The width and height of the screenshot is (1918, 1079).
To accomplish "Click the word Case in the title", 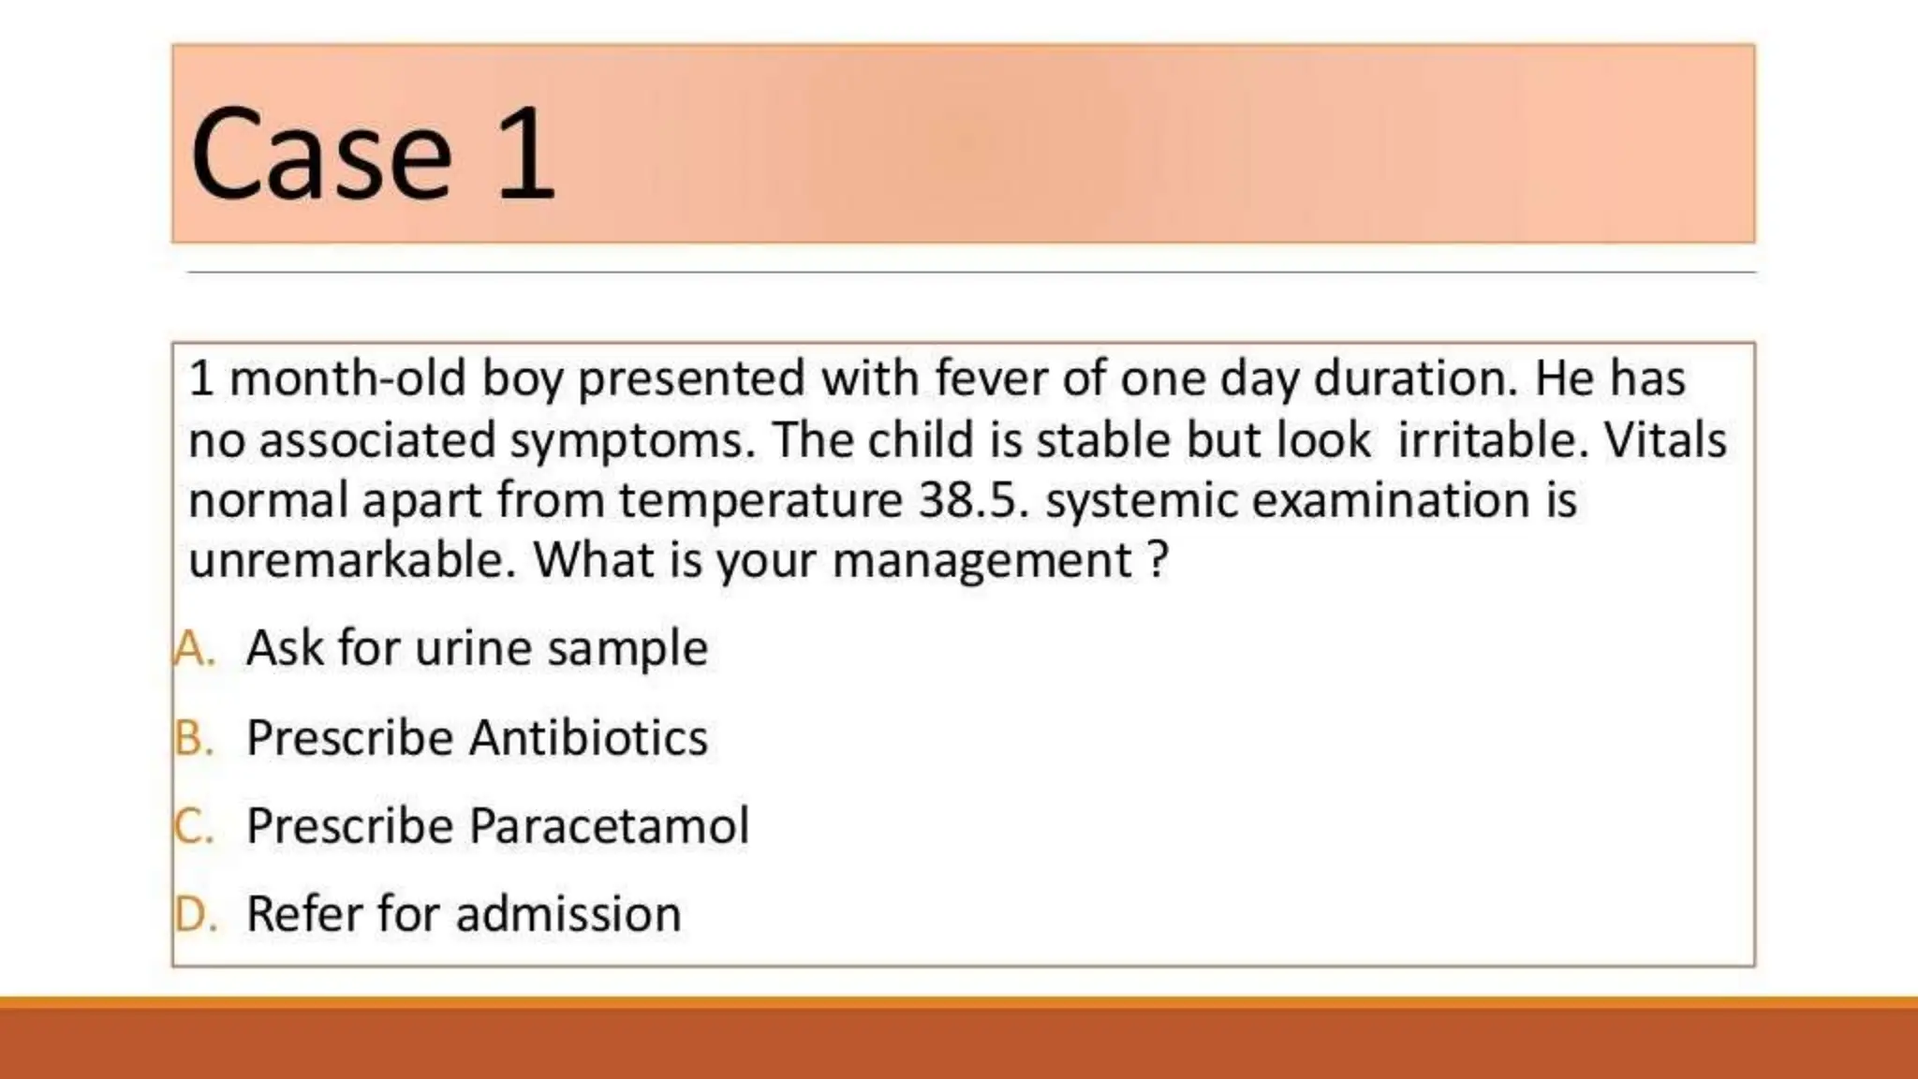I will click(321, 155).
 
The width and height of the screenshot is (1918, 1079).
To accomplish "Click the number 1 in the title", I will click(526, 155).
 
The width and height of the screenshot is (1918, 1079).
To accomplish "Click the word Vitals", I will click(1665, 440).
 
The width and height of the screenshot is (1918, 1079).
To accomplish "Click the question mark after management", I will click(1158, 560).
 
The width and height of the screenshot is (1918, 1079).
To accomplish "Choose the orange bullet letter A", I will click(194, 648).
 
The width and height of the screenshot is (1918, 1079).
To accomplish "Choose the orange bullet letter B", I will click(194, 738).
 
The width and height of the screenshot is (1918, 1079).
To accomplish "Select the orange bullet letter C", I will click(194, 826).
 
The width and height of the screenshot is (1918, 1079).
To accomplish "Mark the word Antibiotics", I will click(588, 738).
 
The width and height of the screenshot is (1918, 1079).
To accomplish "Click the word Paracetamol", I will click(609, 826).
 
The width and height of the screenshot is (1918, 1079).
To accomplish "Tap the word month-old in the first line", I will click(347, 379).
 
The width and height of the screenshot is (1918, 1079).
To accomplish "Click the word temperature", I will click(760, 502).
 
